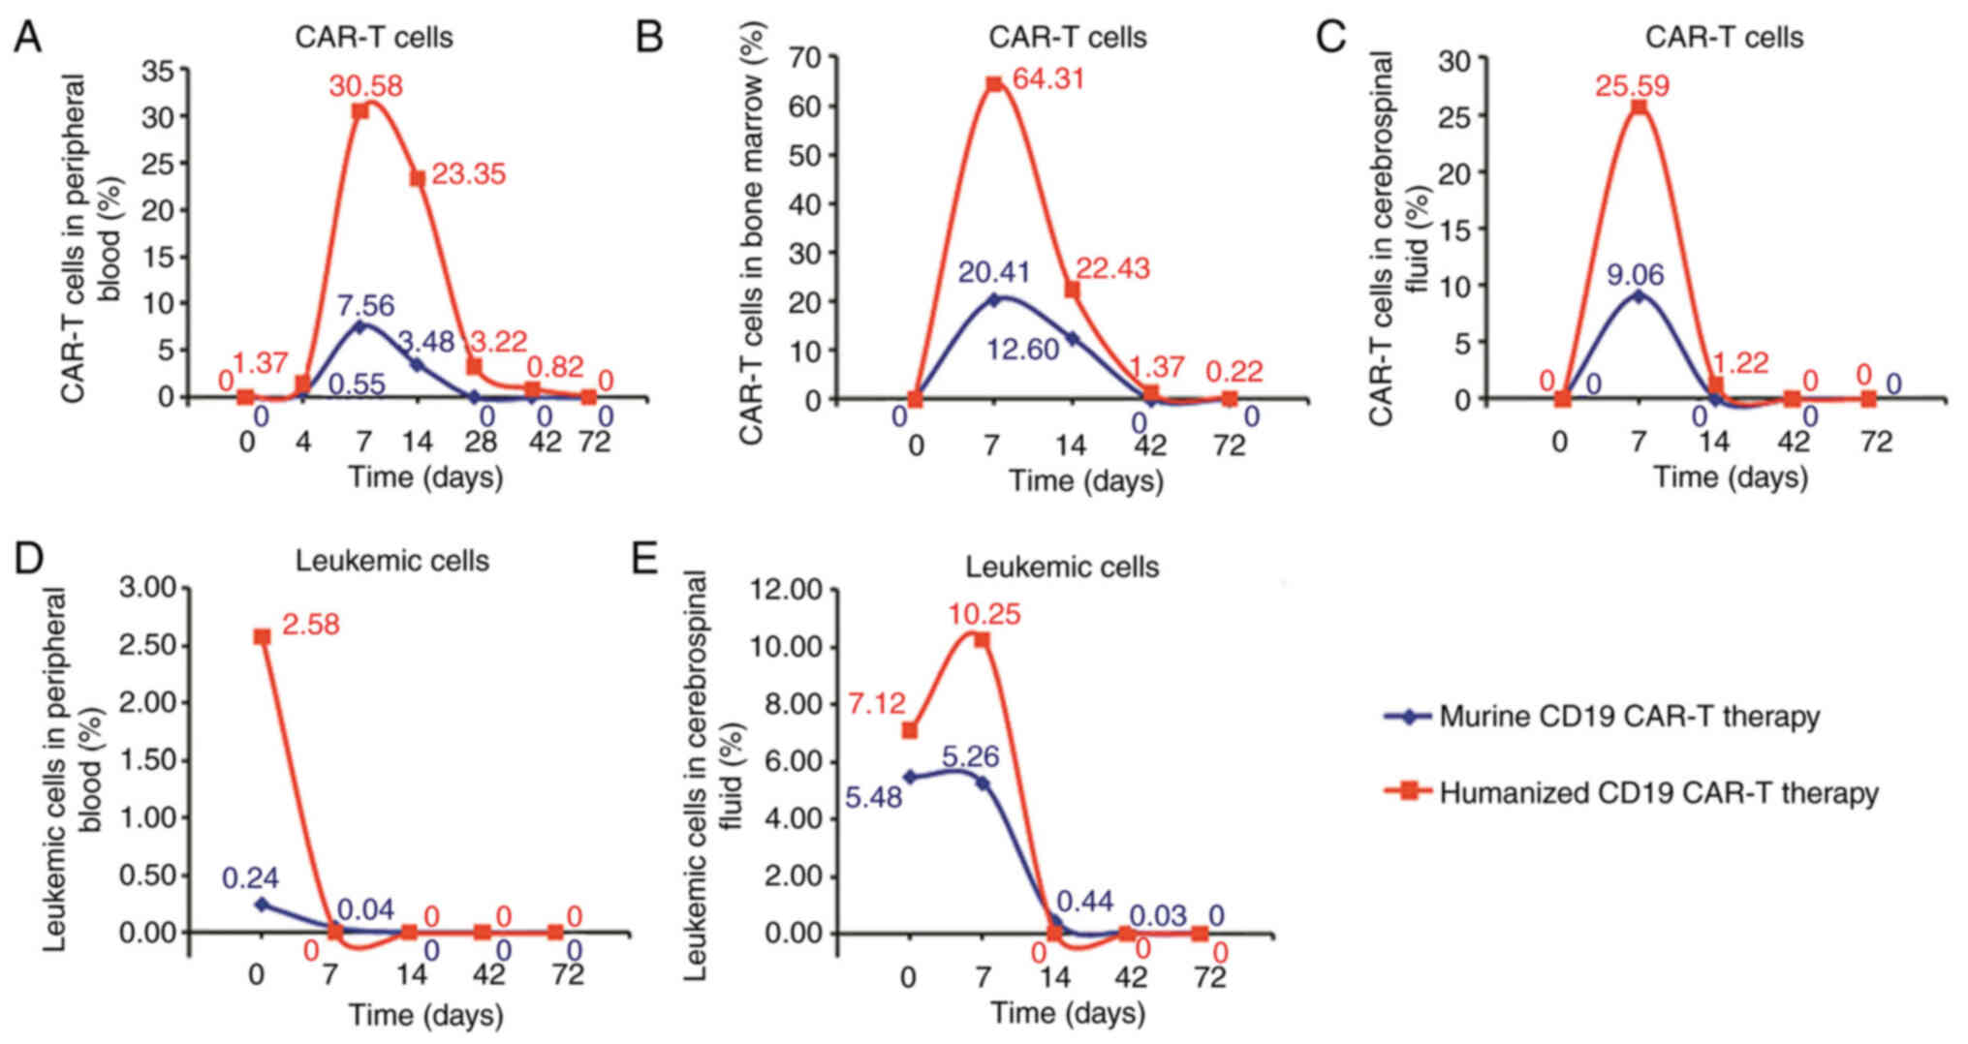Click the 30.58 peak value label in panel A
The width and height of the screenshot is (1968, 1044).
click(x=365, y=86)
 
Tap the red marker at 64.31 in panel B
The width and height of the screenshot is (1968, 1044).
click(x=994, y=84)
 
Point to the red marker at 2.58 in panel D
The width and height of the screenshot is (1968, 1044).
click(x=262, y=636)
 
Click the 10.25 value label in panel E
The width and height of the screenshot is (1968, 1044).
click(x=984, y=614)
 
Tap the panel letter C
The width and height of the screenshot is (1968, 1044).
click(x=1331, y=37)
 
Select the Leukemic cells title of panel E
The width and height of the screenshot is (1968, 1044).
click(x=1062, y=566)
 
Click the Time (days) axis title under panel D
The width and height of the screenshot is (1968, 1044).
click(x=426, y=1014)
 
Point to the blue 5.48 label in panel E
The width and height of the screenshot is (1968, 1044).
click(x=874, y=798)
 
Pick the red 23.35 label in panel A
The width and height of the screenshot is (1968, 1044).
click(x=469, y=175)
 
